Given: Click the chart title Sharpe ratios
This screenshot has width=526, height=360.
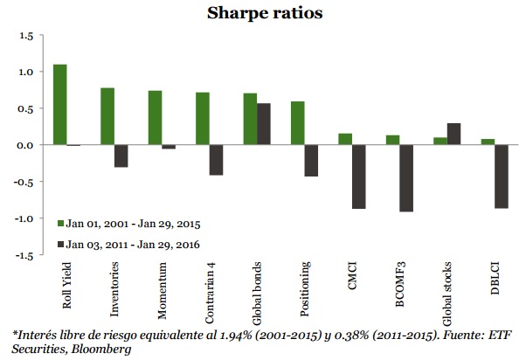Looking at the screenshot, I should coord(261,13).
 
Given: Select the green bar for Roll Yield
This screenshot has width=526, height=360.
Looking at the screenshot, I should coord(60,105).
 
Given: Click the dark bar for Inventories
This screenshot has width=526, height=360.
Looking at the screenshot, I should coord(121,156).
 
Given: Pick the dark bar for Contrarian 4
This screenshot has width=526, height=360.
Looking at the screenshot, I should coord(216,160).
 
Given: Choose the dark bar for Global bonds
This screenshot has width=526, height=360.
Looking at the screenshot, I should coord(263,124).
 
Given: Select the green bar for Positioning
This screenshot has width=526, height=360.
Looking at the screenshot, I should coord(297,123).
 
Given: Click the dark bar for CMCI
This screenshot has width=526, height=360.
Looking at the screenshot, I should coord(358,177).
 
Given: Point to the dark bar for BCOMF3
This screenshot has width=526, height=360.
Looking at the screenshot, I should coord(405,178).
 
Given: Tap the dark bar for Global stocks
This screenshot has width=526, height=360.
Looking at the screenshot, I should coord(453,134).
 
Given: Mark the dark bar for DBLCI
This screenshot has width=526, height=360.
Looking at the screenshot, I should coord(501,177).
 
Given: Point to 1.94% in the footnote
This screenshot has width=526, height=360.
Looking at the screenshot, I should coord(245,335).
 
